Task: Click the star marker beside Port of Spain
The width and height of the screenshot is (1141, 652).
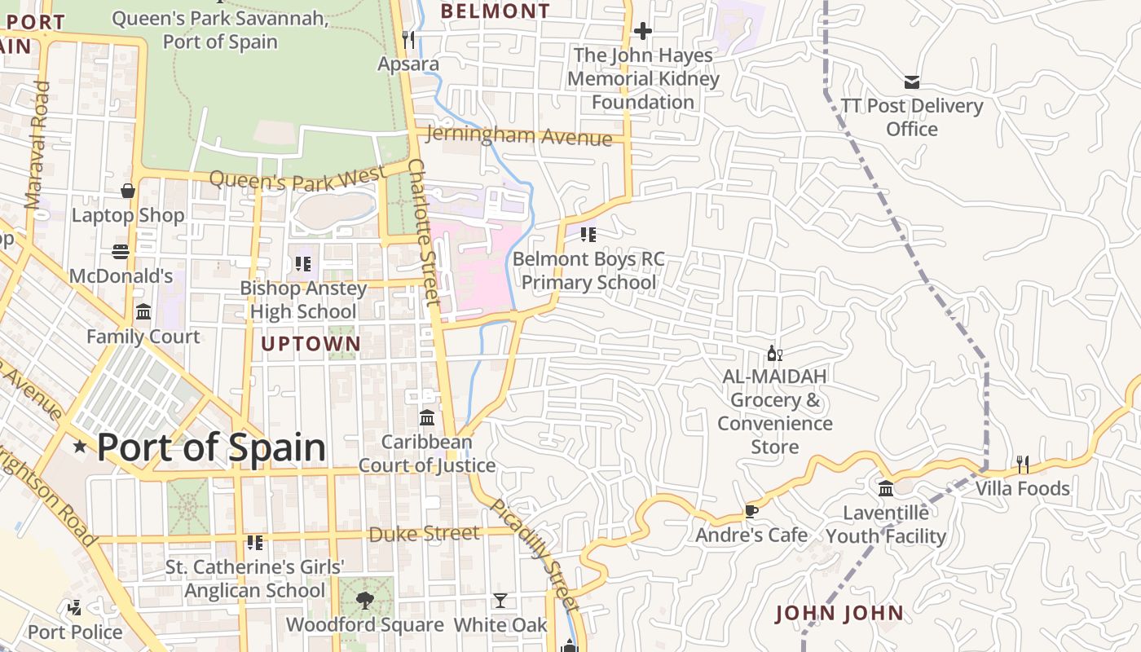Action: [x=80, y=446]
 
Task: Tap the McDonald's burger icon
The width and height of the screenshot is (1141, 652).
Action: [x=121, y=252]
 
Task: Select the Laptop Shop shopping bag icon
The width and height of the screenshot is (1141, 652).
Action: [x=128, y=191]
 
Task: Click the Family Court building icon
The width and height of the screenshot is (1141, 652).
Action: [x=143, y=312]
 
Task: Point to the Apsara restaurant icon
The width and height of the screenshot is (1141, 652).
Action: [x=408, y=39]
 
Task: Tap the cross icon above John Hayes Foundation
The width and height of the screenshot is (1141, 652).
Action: [x=643, y=31]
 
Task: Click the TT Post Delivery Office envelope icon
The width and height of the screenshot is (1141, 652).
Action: [x=912, y=81]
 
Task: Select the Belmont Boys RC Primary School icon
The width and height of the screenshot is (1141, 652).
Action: [x=588, y=235]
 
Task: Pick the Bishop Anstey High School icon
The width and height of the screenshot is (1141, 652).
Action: [x=303, y=263]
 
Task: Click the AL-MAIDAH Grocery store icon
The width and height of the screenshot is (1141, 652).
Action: [x=774, y=353]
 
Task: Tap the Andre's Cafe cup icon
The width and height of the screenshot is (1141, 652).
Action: [x=751, y=511]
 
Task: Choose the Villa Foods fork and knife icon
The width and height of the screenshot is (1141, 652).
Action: [x=1023, y=465]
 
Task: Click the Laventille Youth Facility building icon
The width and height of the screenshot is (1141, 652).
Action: [x=886, y=489]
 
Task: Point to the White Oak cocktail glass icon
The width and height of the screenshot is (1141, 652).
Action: [x=500, y=601]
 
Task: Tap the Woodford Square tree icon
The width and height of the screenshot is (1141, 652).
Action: [x=364, y=601]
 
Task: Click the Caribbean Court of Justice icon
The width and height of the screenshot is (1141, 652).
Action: [x=427, y=417]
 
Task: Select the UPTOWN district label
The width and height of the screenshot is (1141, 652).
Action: [x=311, y=344]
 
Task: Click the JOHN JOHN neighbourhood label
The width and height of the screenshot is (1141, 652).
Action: [x=839, y=613]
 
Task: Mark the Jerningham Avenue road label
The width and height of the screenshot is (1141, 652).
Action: [x=518, y=136]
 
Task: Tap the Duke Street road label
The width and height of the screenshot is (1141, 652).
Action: [x=424, y=534]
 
